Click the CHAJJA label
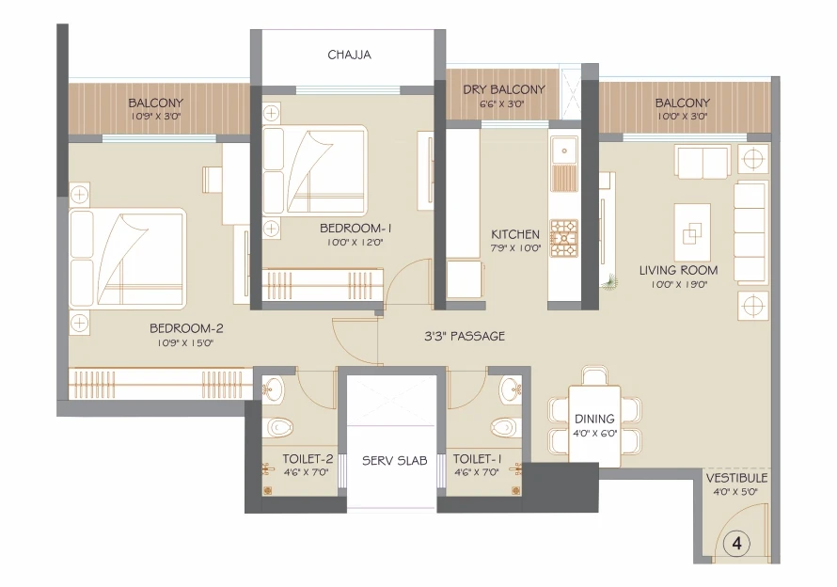(x=349, y=55)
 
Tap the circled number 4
(x=736, y=543)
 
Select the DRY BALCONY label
(x=503, y=89)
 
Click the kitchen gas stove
(x=564, y=238)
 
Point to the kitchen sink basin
(x=564, y=151)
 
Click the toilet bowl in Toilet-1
(x=503, y=428)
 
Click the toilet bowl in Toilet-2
(x=279, y=428)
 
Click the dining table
(x=594, y=423)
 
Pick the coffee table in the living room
(x=692, y=231)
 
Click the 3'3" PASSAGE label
(x=465, y=336)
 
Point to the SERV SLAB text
(x=394, y=460)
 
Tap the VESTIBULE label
(x=736, y=478)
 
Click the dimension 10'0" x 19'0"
(x=678, y=285)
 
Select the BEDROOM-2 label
(x=186, y=328)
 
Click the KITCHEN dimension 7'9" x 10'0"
(x=515, y=247)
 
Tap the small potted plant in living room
(x=608, y=281)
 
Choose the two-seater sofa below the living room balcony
(x=701, y=161)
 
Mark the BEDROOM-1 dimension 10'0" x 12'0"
(x=355, y=242)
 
